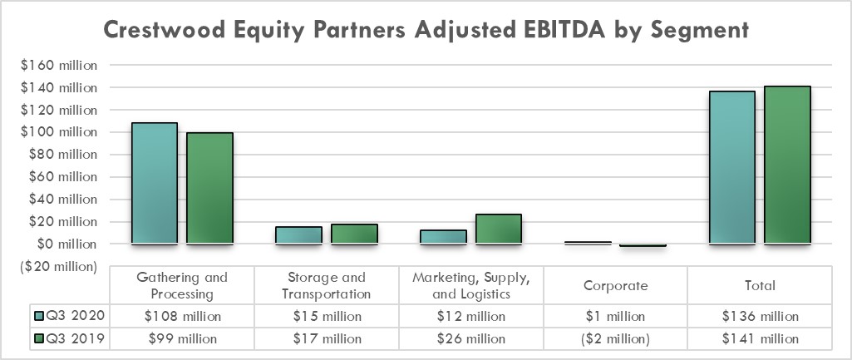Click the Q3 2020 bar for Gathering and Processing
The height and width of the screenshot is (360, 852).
(x=154, y=184)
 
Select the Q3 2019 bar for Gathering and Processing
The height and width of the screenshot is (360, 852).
(x=209, y=189)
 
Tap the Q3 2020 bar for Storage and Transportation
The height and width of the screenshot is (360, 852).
(x=298, y=235)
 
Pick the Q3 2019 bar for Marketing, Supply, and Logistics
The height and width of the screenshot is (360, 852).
(x=498, y=229)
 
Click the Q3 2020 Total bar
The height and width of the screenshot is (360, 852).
(x=731, y=168)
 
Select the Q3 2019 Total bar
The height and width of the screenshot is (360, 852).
(x=787, y=165)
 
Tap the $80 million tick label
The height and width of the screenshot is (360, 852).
(x=57, y=155)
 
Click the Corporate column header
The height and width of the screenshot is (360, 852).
(x=615, y=285)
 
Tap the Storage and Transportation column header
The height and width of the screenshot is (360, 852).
(x=327, y=285)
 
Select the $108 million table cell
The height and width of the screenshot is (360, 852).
(x=182, y=317)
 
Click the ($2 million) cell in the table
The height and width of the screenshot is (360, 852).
(x=615, y=339)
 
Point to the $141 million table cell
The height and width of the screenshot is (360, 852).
(x=760, y=339)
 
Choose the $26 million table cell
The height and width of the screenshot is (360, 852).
(x=470, y=339)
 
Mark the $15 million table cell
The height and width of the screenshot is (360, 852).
(x=327, y=317)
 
